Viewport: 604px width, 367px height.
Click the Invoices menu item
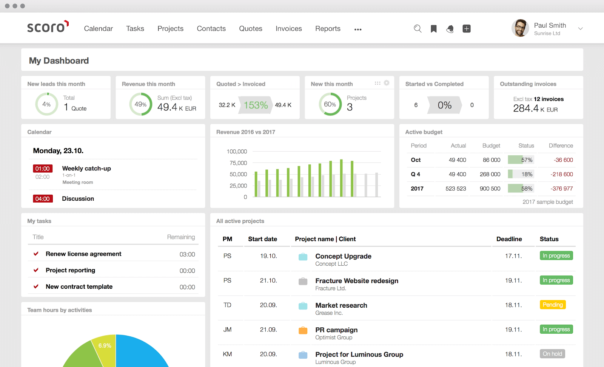click(x=288, y=29)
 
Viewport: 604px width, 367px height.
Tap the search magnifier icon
click(x=418, y=29)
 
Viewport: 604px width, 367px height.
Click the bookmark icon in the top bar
click(x=434, y=29)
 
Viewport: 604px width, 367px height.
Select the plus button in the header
click(x=467, y=29)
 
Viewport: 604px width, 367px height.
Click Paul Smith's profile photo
click(x=520, y=28)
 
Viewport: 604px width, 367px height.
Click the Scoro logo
click(x=48, y=27)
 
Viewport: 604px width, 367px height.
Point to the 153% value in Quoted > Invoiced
click(x=256, y=105)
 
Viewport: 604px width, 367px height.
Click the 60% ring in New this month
click(x=330, y=104)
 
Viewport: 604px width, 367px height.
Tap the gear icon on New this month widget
click(x=387, y=83)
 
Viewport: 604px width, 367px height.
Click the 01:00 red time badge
click(x=43, y=169)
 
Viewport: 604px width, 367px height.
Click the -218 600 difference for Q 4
click(x=562, y=174)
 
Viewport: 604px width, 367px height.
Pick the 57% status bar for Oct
click(x=521, y=160)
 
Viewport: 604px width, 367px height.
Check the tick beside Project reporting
click(x=36, y=270)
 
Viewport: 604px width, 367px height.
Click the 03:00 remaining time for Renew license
click(x=187, y=254)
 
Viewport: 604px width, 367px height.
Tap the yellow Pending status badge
click(x=553, y=305)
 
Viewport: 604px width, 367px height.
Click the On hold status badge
click(x=552, y=354)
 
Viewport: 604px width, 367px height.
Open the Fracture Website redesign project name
click(x=357, y=281)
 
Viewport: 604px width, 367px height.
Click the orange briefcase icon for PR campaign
click(x=303, y=330)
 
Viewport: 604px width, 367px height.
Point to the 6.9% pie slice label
click(x=105, y=345)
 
